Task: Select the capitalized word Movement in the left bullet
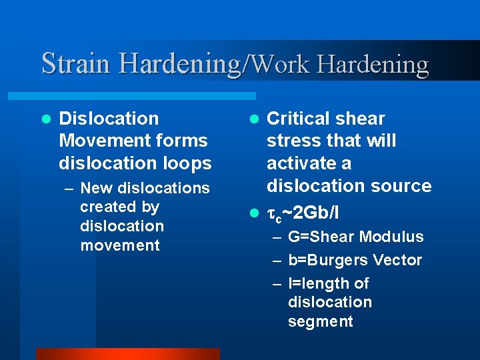point(99,141)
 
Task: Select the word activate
point(300,163)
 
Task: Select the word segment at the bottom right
point(320,321)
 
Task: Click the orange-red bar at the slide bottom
point(127,353)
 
